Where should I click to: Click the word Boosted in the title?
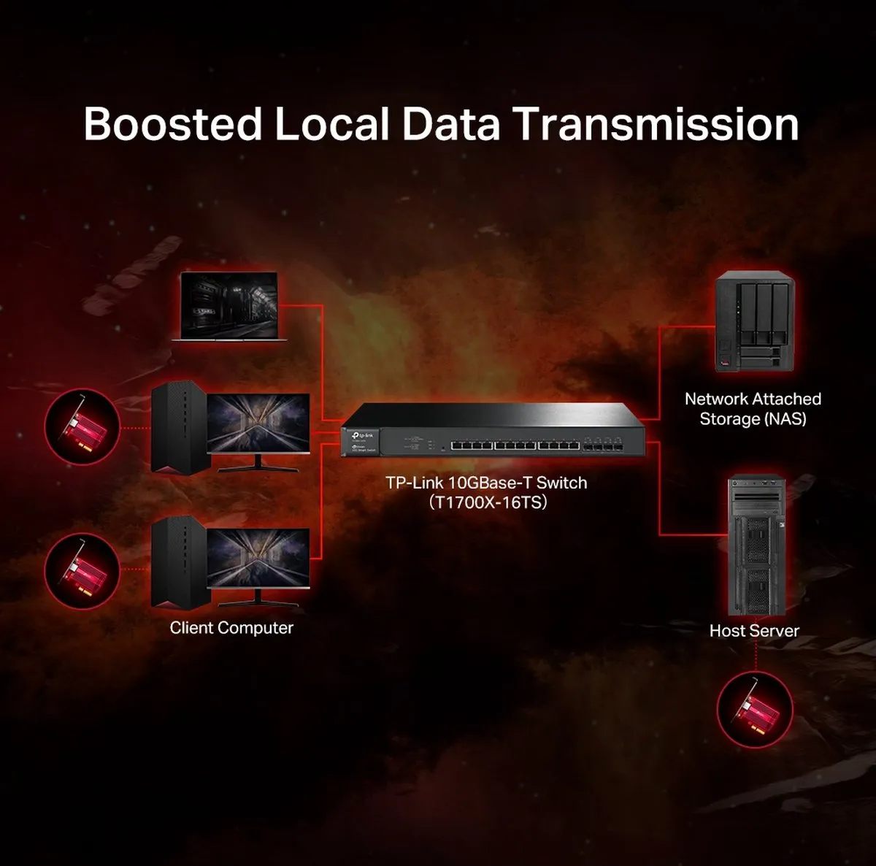pyautogui.click(x=173, y=123)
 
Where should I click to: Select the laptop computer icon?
pyautogui.click(x=229, y=307)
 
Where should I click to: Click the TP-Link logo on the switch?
pyautogui.click(x=364, y=435)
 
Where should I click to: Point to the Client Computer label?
pyautogui.click(x=231, y=628)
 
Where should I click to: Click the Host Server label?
pyautogui.click(x=754, y=630)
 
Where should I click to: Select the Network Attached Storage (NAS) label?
pyautogui.click(x=753, y=408)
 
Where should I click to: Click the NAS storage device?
pyautogui.click(x=755, y=321)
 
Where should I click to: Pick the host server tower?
pyautogui.click(x=756, y=545)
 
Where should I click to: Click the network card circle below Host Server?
pyautogui.click(x=755, y=710)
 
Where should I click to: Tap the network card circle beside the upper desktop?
pyautogui.click(x=82, y=426)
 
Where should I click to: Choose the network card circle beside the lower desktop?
pyautogui.click(x=82, y=571)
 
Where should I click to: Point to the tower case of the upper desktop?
pyautogui.click(x=180, y=428)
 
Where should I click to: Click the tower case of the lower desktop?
pyautogui.click(x=180, y=563)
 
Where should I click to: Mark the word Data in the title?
pyautogui.click(x=451, y=123)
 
